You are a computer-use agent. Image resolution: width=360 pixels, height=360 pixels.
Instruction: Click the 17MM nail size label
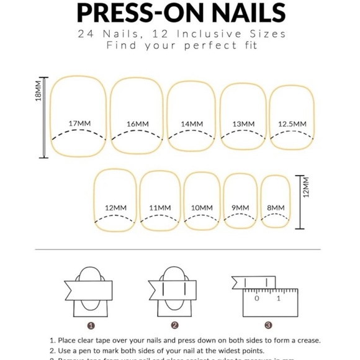click(x=79, y=124)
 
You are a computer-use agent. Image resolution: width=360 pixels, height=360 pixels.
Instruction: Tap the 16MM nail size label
click(x=137, y=124)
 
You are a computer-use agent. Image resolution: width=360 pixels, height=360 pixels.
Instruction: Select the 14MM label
click(x=192, y=124)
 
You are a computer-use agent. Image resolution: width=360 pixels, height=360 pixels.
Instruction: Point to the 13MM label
click(x=243, y=124)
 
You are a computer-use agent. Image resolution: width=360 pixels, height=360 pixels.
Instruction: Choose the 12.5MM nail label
click(x=292, y=124)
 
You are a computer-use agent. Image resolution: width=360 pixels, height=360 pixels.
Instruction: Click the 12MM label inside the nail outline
click(x=115, y=207)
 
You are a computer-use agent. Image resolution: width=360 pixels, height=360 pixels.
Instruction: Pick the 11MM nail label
click(x=160, y=207)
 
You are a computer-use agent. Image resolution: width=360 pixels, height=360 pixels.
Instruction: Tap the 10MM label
click(x=202, y=207)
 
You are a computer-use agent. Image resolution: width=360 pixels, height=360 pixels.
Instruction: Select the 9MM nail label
click(x=240, y=207)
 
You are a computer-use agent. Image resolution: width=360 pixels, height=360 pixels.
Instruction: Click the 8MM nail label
click(x=276, y=207)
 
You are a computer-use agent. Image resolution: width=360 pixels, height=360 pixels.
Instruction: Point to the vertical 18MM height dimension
click(x=38, y=90)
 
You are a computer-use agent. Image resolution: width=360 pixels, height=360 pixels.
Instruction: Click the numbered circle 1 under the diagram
click(x=91, y=325)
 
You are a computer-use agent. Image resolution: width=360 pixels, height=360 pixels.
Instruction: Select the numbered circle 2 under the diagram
click(x=175, y=325)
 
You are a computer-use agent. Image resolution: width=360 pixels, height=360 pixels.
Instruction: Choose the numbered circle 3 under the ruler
click(x=268, y=325)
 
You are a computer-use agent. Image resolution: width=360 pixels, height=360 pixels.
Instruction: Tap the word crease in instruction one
click(x=307, y=340)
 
